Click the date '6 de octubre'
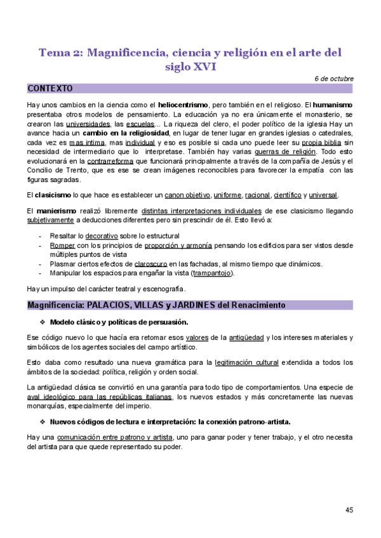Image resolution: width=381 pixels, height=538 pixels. click(334, 78)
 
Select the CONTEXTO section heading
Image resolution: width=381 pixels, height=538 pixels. click(50, 88)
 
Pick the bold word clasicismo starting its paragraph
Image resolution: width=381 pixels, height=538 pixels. click(53, 194)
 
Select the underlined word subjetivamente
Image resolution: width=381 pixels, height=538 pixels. click(50, 220)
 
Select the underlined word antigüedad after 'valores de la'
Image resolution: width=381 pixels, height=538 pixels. click(246, 337)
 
